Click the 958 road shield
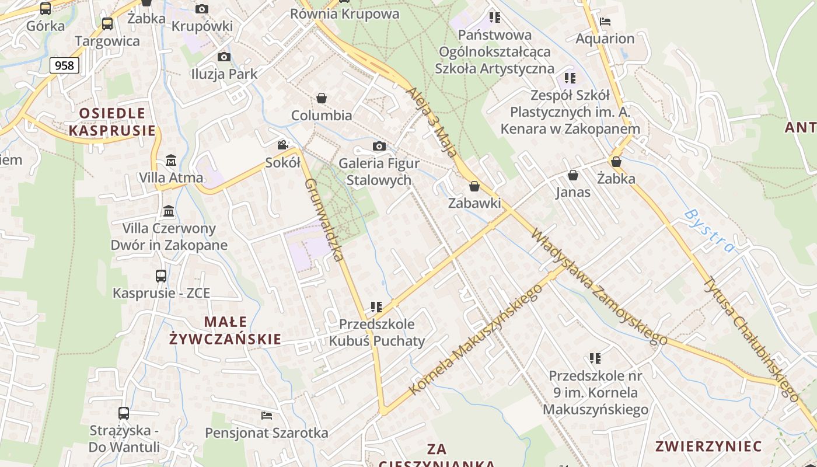(64, 65)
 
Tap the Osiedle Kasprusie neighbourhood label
(112, 121)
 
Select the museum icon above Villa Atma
(171, 160)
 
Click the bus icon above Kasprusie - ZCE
(161, 276)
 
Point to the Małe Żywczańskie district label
(225, 330)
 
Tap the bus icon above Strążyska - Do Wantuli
(124, 413)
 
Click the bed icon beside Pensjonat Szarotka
(267, 416)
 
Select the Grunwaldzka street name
(323, 219)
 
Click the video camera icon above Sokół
(282, 145)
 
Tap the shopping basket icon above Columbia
(322, 97)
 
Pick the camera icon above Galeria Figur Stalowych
(379, 146)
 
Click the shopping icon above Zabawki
(474, 186)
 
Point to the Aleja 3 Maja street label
(431, 123)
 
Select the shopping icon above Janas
(573, 175)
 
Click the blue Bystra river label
(710, 231)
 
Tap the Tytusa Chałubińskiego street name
(750, 339)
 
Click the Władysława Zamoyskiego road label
(599, 287)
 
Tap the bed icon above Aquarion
(605, 22)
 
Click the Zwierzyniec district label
(708, 447)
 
